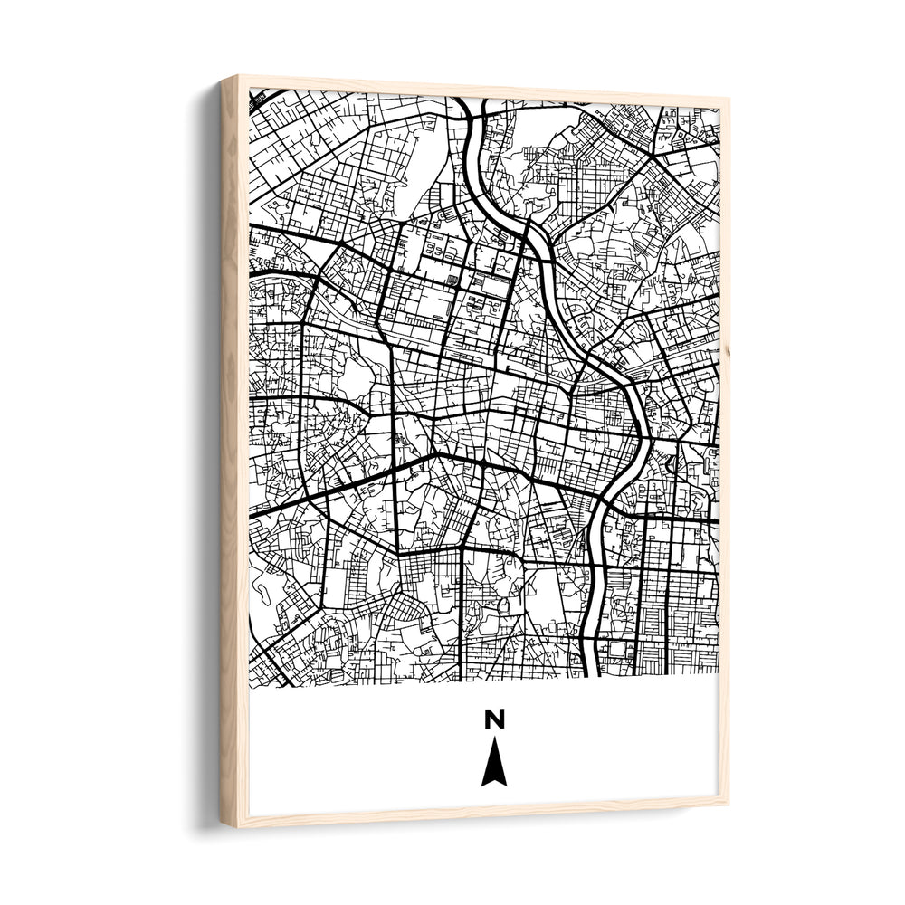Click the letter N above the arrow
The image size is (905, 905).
[x=493, y=719]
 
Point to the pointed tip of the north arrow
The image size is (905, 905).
[x=493, y=740]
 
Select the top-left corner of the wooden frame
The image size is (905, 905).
[x=222, y=78]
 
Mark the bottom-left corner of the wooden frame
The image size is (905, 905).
[x=223, y=826]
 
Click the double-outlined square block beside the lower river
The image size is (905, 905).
[x=618, y=649]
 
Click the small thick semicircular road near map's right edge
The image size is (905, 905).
[x=671, y=463]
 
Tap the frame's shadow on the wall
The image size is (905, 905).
[x=203, y=452]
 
